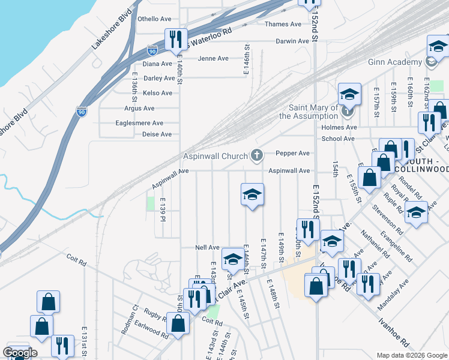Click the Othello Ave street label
click(x=155, y=19)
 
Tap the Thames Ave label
click(x=283, y=25)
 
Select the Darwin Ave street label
click(x=292, y=41)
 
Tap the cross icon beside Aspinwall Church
click(x=257, y=156)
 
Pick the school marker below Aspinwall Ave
click(x=253, y=194)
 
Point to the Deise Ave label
click(x=157, y=134)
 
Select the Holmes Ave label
click(x=339, y=127)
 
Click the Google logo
click(x=20, y=353)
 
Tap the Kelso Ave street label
click(x=157, y=93)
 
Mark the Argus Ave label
click(x=139, y=109)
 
